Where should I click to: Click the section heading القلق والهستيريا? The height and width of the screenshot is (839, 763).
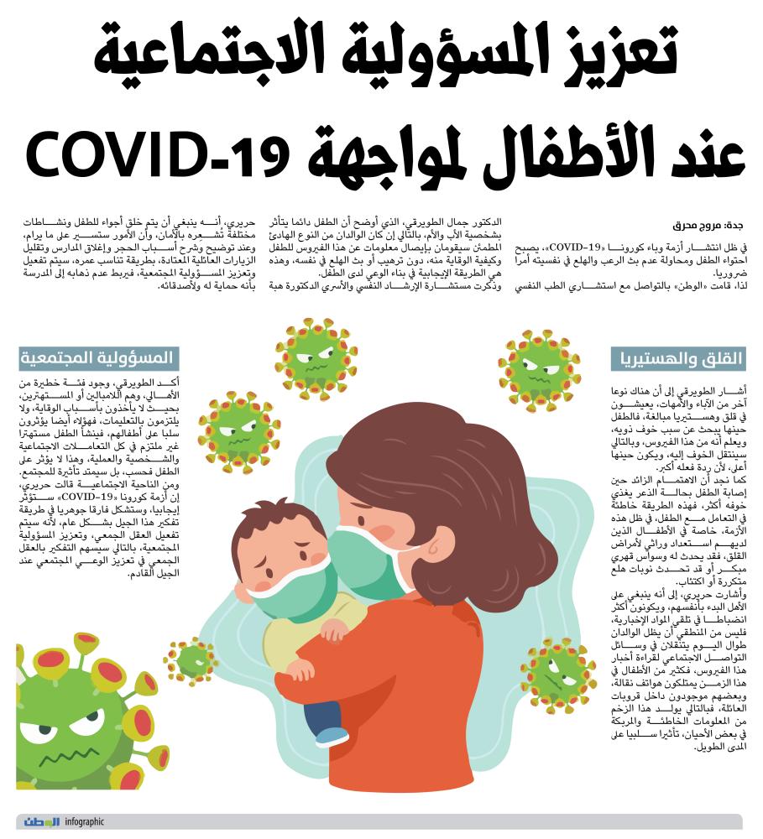(677, 359)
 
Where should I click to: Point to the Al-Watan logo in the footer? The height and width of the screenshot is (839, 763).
(40, 822)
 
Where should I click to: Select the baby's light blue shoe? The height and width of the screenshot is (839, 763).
(332, 737)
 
